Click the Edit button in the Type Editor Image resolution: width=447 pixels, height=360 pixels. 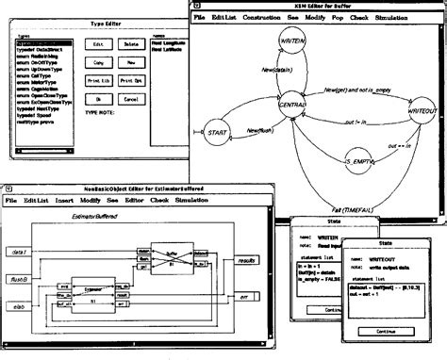98,43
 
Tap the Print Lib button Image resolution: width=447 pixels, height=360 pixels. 99,80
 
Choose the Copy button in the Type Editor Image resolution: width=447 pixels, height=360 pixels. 98,62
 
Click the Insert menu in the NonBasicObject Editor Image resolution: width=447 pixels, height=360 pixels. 65,201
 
